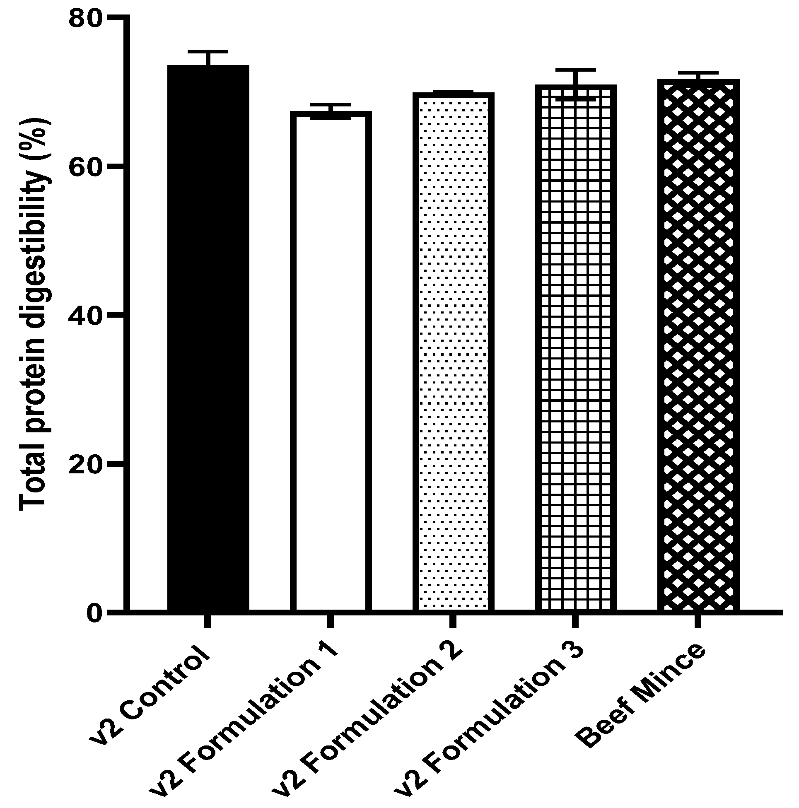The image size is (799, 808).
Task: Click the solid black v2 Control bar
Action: pos(208,339)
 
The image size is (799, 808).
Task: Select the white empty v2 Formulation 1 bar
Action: pos(331,362)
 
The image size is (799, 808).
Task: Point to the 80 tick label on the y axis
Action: pos(85,19)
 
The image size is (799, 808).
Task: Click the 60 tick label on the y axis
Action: pos(85,167)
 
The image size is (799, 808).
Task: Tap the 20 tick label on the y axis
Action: pos(85,463)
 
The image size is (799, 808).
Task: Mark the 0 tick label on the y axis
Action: pos(94,612)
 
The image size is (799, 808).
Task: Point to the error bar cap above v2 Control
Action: pos(208,51)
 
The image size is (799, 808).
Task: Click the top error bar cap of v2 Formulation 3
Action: pos(576,70)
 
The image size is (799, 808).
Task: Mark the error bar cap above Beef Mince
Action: pos(698,72)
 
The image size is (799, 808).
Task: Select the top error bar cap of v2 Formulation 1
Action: pos(331,104)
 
